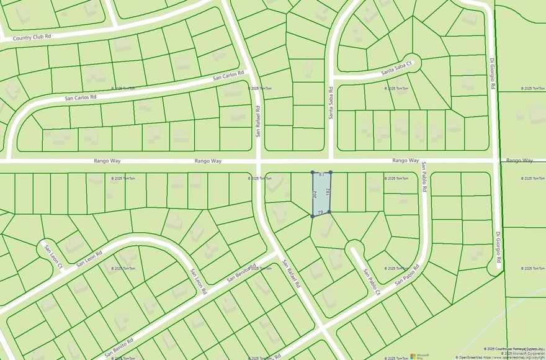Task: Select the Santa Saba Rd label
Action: (331, 103)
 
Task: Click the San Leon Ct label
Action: (53, 257)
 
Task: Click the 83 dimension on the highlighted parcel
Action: (321, 176)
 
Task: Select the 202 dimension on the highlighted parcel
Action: (316, 194)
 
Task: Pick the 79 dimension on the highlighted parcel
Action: (320, 212)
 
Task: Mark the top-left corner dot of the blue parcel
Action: (312, 173)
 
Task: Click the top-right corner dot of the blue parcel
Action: (330, 173)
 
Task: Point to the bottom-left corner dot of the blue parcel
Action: (312, 216)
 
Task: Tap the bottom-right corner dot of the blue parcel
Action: (329, 212)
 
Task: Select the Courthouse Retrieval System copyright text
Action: (514, 349)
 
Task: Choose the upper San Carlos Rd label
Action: (229, 76)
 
